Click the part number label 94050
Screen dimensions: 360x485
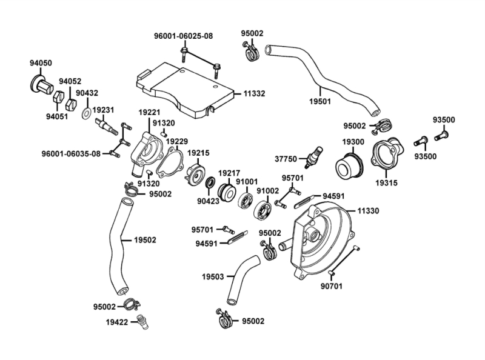pos(41,62)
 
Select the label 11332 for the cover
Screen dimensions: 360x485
pos(255,94)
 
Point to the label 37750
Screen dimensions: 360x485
pos(286,159)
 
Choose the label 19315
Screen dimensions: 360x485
pos(387,181)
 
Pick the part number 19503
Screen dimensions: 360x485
pos(213,277)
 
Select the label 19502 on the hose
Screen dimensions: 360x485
pos(144,240)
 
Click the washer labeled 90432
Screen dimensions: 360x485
pos(87,113)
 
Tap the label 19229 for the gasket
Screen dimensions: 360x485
pos(178,141)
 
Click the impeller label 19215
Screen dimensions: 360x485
pos(198,153)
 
